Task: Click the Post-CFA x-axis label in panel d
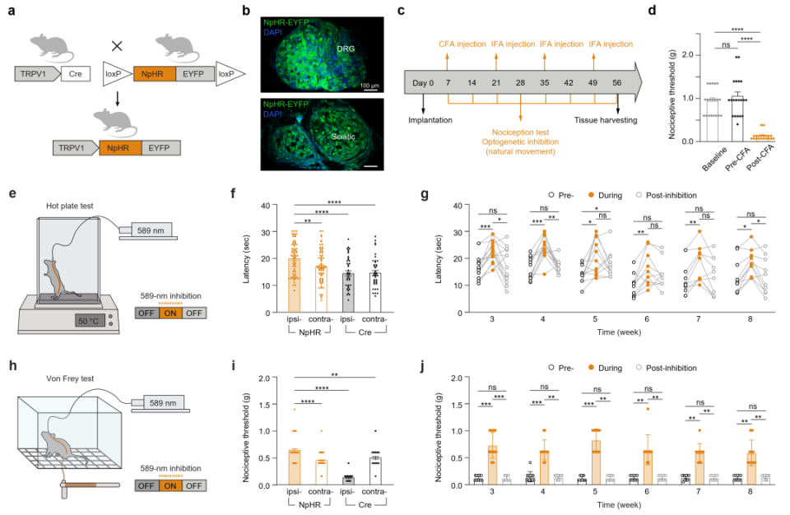(761, 158)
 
